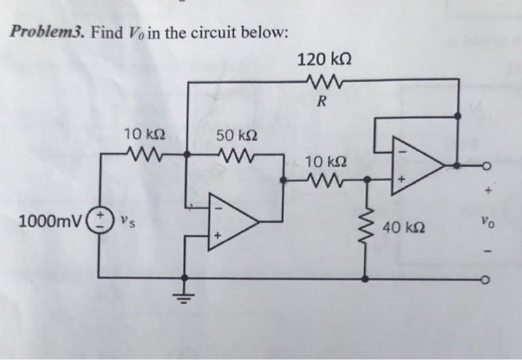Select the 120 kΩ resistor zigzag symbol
[x=321, y=80]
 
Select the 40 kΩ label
[x=403, y=227]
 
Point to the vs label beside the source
[x=127, y=221]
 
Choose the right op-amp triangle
[x=418, y=165]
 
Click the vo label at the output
[x=485, y=222]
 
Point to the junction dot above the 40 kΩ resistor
[x=365, y=179]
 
